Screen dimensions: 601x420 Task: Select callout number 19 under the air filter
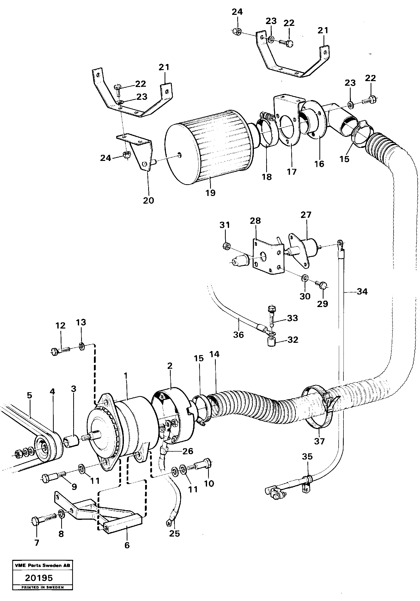210,193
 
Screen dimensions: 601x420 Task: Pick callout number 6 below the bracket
127,545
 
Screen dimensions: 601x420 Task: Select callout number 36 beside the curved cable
238,335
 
